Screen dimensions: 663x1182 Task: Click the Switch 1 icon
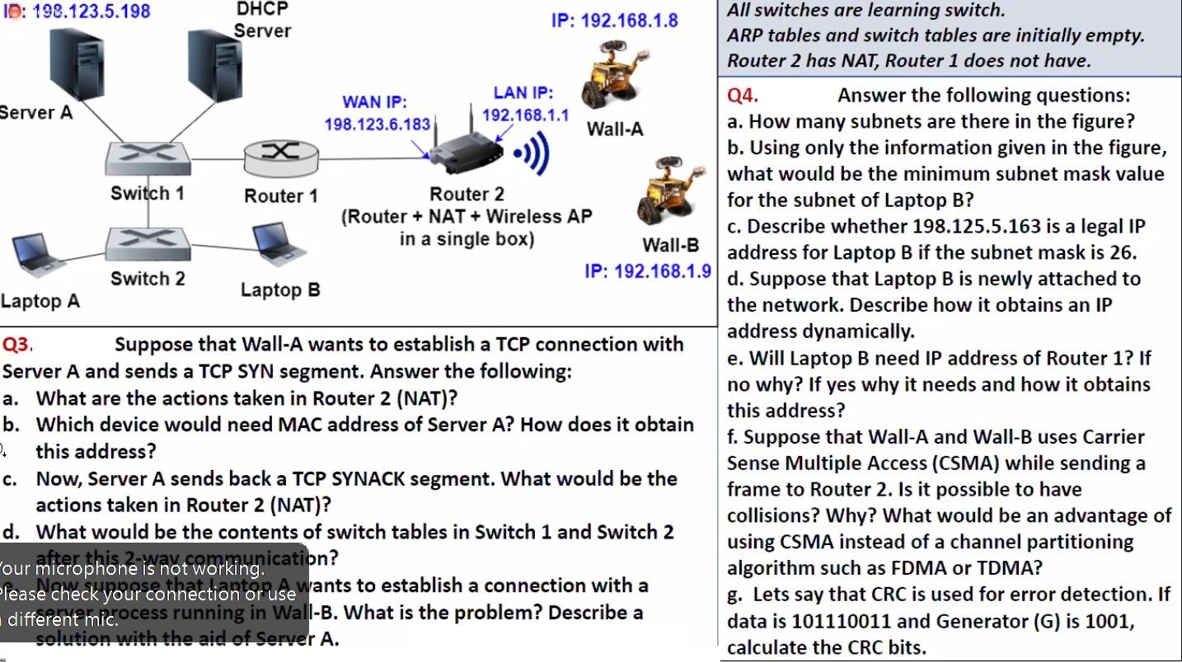coord(148,157)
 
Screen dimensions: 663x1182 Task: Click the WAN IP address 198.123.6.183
coord(378,125)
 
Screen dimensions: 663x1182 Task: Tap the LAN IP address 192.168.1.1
coord(525,115)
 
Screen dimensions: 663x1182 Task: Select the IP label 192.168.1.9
coord(648,270)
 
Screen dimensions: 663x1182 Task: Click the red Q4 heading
coord(742,96)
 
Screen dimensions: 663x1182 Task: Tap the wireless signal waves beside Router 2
coord(532,155)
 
